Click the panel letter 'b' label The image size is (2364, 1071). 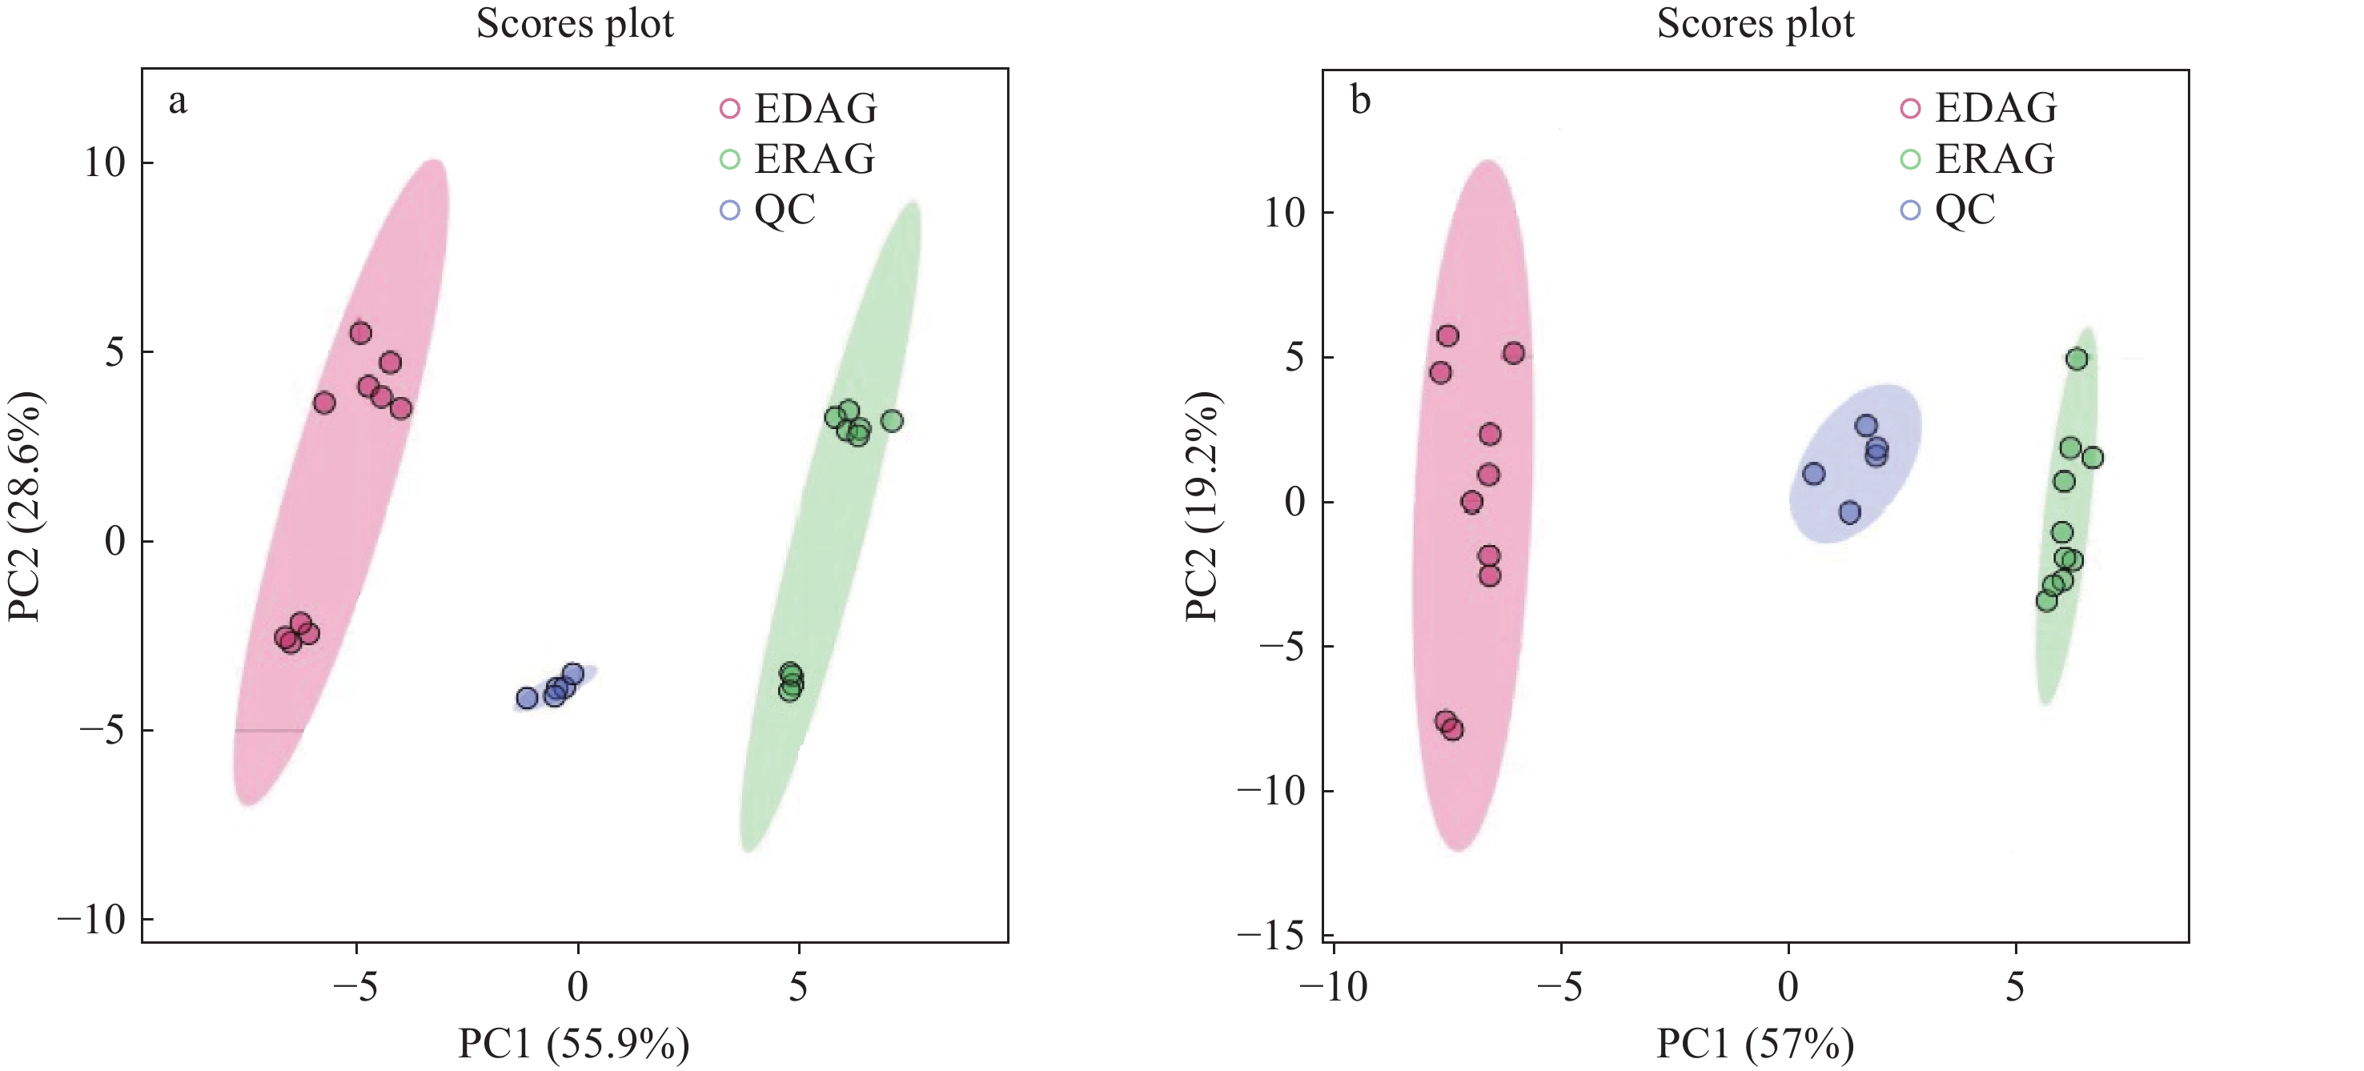pyautogui.click(x=1360, y=100)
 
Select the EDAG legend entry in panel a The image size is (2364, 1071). pyautogui.click(x=798, y=108)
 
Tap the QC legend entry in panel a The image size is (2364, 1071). pyautogui.click(x=767, y=211)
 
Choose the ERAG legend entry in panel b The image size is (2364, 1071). pyautogui.click(x=1977, y=158)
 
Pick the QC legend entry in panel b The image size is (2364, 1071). pyautogui.click(x=1948, y=211)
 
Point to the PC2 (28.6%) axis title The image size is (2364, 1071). pyautogui.click(x=25, y=507)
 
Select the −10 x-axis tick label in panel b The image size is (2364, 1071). pyautogui.click(x=1333, y=988)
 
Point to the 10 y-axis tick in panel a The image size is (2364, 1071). pyautogui.click(x=105, y=163)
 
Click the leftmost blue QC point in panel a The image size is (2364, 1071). pyautogui.click(x=527, y=699)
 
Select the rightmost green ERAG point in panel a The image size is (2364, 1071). pyautogui.click(x=892, y=421)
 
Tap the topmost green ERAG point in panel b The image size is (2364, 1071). pyautogui.click(x=2077, y=359)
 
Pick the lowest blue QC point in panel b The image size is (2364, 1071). pyautogui.click(x=1850, y=513)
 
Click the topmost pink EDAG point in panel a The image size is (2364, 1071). pyautogui.click(x=361, y=333)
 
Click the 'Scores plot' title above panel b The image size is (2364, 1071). pyautogui.click(x=1755, y=24)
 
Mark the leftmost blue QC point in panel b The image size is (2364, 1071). pyautogui.click(x=1814, y=474)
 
